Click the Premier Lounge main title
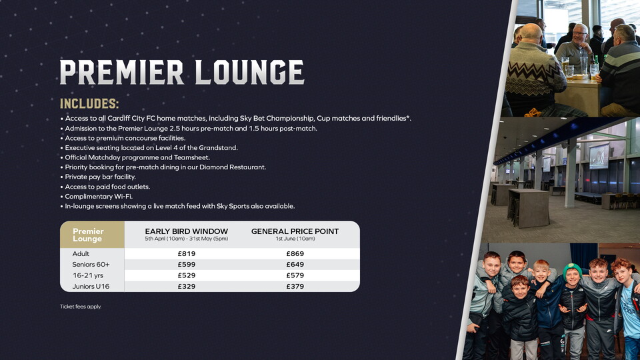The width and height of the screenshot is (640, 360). tap(181, 72)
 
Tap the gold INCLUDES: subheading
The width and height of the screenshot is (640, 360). tap(89, 104)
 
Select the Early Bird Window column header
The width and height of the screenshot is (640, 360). tap(186, 231)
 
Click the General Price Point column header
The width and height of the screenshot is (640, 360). tap(295, 231)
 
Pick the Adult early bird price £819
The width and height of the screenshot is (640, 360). tap(186, 254)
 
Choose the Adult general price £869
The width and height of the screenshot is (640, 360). tap(295, 254)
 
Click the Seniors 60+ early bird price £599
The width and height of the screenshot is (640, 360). tap(186, 265)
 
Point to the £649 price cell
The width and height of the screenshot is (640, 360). tap(295, 265)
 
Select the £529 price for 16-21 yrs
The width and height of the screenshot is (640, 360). tap(186, 275)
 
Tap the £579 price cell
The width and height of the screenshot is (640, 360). tap(295, 275)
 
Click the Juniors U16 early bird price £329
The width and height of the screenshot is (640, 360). tap(186, 286)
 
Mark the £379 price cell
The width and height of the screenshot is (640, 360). tap(295, 286)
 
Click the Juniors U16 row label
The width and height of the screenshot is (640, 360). tap(91, 286)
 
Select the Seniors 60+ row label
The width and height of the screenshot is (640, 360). tap(90, 265)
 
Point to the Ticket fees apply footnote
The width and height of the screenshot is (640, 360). tap(80, 307)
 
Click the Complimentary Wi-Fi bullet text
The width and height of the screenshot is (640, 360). tap(98, 197)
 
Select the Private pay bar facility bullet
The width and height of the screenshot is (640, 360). tap(100, 177)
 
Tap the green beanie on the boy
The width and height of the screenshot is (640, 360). tap(571, 269)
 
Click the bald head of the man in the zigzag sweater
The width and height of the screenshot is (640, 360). tap(531, 31)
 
